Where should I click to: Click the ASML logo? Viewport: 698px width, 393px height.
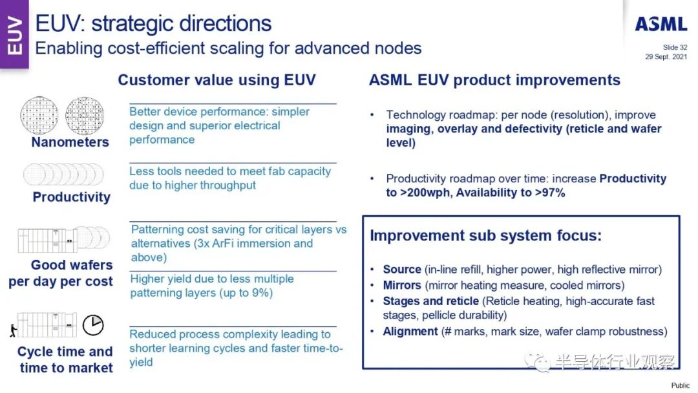pos(661,25)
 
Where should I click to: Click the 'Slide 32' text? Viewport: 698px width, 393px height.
pos(675,47)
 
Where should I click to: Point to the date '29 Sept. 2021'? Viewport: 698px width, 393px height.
pos(666,57)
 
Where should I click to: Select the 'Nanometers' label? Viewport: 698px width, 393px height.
pos(70,142)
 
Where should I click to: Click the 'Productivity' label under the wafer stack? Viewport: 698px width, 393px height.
pos(72,197)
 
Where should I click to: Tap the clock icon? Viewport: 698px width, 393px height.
pos(93,324)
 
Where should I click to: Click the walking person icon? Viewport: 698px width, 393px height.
pos(12,332)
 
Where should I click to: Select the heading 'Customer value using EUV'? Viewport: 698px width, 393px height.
pos(217,80)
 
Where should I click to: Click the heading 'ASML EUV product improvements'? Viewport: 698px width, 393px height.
pos(494,80)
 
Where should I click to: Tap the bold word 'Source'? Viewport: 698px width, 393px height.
pos(402,270)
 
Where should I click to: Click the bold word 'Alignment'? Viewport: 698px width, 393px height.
pos(410,332)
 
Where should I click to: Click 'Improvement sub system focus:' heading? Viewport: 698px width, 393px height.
pos(485,236)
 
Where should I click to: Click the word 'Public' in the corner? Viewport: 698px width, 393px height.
pos(680,385)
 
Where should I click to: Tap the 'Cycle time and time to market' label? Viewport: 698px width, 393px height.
pos(65,360)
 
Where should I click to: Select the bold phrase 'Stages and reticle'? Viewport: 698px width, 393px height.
pos(430,301)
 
